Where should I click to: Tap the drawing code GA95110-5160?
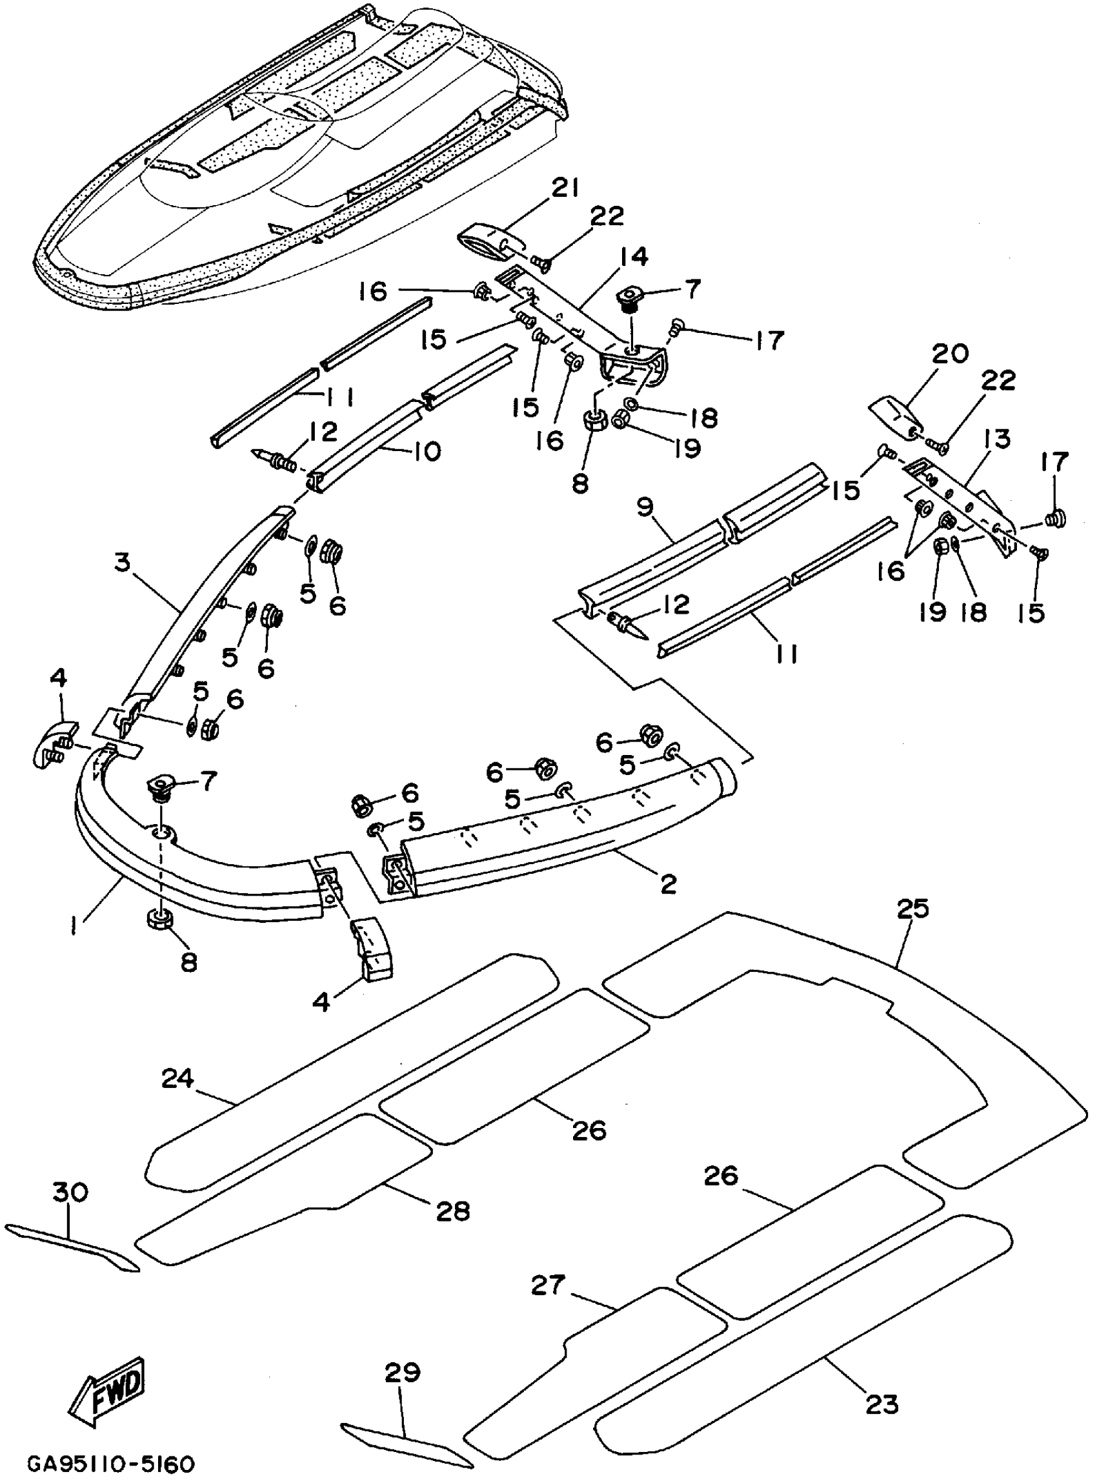pos(111,1464)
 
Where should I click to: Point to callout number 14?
pos(634,256)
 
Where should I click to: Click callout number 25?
pos(912,908)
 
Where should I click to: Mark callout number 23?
pos(882,1405)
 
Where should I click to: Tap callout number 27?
pos(548,1285)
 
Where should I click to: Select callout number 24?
pos(177,1078)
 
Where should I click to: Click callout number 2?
pos(668,883)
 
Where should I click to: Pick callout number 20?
pos(951,354)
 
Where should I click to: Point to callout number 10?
pos(426,452)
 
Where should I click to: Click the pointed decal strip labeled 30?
pos(73,1249)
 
